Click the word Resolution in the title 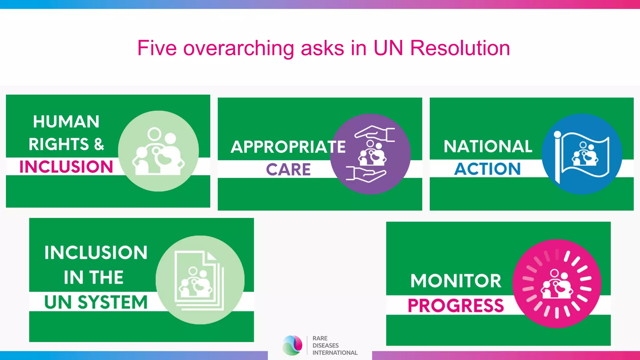(460, 48)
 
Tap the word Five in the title (157, 48)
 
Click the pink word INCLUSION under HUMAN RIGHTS (66, 167)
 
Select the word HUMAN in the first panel (66, 122)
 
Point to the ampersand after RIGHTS (99, 144)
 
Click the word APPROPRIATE (288, 147)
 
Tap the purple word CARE (288, 169)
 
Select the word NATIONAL (487, 146)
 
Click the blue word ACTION (487, 169)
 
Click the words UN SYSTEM (96, 302)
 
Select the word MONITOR (456, 281)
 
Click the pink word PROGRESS (456, 305)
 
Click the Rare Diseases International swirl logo (292, 345)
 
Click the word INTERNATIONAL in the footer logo (335, 353)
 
